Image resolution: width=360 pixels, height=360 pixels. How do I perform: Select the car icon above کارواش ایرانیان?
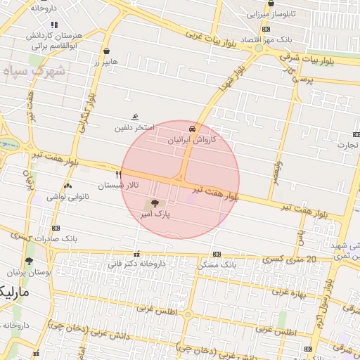[x=192, y=129]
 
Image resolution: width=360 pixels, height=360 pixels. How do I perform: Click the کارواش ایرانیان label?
[x=192, y=140]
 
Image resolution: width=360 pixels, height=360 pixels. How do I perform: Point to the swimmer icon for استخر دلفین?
[x=134, y=118]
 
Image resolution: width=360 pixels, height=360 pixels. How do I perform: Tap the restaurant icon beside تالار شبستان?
[x=118, y=174]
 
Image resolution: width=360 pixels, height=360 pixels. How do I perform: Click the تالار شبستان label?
[x=118, y=185]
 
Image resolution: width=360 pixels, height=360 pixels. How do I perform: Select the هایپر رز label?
[x=105, y=62]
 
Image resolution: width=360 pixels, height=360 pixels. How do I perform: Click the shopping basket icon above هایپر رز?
[x=105, y=51]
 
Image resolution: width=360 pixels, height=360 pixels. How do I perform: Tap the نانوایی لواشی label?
[x=67, y=196]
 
